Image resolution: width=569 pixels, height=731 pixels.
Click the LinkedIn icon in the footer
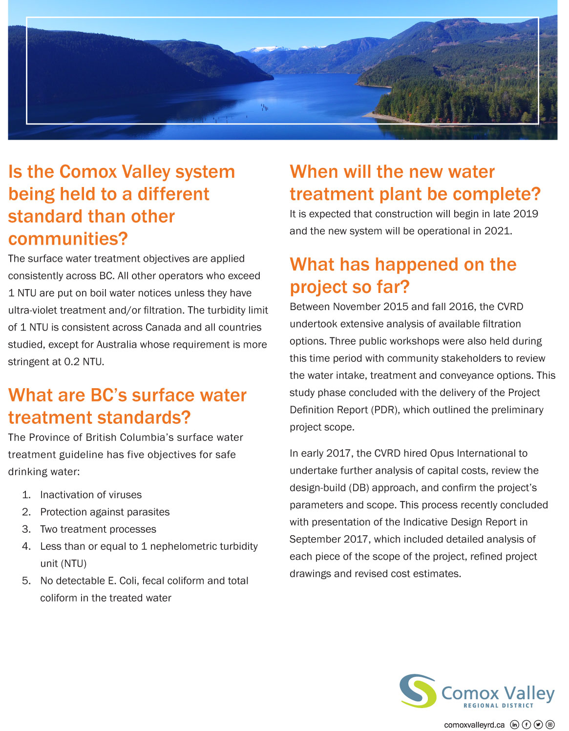[514, 725]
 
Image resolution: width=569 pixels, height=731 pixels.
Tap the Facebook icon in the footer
[526, 725]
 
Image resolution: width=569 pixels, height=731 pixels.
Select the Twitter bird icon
[538, 725]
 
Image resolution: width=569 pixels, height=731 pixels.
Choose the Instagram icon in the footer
[550, 725]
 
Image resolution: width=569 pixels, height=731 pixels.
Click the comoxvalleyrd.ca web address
[474, 725]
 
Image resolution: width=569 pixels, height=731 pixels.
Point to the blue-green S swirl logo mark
[418, 690]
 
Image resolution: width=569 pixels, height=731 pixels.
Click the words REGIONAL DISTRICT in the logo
[498, 706]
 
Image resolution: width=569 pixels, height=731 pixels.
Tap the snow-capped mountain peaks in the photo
[269, 49]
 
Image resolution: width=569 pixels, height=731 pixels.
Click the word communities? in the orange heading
[68, 239]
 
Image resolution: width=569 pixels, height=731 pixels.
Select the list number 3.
[26, 529]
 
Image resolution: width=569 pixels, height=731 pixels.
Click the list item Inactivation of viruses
[91, 495]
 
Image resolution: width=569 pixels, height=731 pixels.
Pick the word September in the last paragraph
[313, 539]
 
